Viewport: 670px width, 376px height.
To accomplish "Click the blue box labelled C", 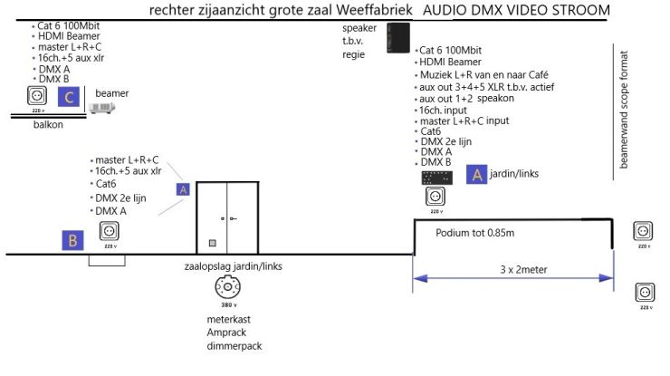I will (x=69, y=96).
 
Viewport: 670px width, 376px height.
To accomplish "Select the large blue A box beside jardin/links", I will (x=478, y=175).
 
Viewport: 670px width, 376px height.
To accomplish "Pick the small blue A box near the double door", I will (x=183, y=189).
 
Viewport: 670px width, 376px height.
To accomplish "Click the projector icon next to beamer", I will (x=101, y=108).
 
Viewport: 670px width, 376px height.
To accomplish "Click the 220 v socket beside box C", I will (x=36, y=95).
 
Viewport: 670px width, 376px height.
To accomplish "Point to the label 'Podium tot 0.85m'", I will (x=474, y=233).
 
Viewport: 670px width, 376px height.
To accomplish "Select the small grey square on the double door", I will (x=212, y=243).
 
